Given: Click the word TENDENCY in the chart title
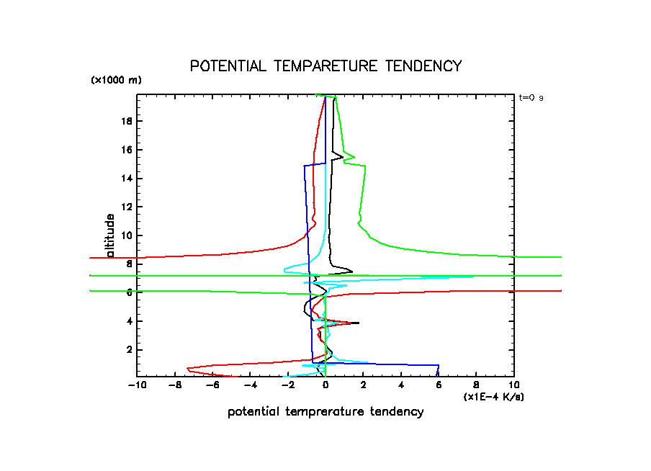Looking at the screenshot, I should pyautogui.click(x=423, y=66).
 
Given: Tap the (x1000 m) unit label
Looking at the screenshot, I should pyautogui.click(x=116, y=80).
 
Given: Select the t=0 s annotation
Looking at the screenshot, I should pyautogui.click(x=531, y=97).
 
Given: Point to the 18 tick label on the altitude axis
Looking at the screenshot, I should pyautogui.click(x=127, y=121).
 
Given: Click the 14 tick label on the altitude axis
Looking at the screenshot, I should pyautogui.click(x=127, y=178).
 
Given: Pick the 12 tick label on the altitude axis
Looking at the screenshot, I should pyautogui.click(x=127, y=207).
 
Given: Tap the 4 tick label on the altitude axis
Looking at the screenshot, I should pyautogui.click(x=129, y=320).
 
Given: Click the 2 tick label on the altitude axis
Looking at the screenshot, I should pyautogui.click(x=129, y=349).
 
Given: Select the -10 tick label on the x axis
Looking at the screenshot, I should pyautogui.click(x=135, y=385).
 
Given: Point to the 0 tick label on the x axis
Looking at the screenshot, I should pyautogui.click(x=325, y=385).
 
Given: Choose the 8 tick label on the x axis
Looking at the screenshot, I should pyautogui.click(x=476, y=385).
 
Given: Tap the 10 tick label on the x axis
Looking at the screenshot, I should pyautogui.click(x=513, y=385).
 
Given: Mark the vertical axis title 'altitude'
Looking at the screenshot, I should pyautogui.click(x=110, y=235).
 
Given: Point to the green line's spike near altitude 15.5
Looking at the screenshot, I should pyautogui.click(x=354, y=156).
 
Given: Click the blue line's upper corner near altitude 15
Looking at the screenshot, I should pyautogui.click(x=305, y=166).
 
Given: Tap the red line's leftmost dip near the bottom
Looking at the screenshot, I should pyautogui.click(x=187, y=369).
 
